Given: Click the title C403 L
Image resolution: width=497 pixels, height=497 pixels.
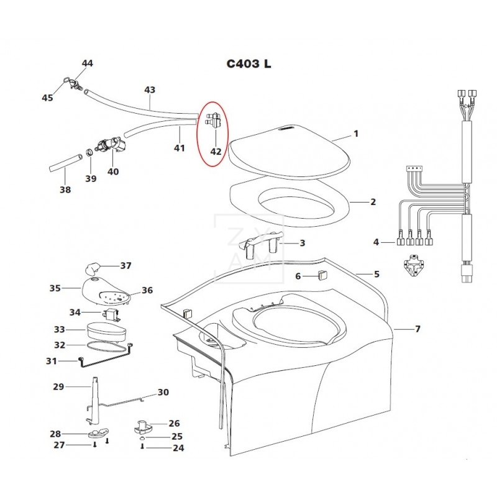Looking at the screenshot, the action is pyautogui.click(x=249, y=64).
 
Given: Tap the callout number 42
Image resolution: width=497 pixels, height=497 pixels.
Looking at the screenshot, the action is pyautogui.click(x=216, y=152).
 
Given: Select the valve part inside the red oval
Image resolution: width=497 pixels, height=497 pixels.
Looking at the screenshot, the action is pyautogui.click(x=213, y=120).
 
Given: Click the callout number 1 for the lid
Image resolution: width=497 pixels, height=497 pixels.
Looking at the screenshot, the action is pyautogui.click(x=356, y=134).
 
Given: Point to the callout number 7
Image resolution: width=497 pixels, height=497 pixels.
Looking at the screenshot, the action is pyautogui.click(x=417, y=329).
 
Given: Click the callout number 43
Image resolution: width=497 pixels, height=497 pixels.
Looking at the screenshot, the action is pyautogui.click(x=150, y=89).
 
